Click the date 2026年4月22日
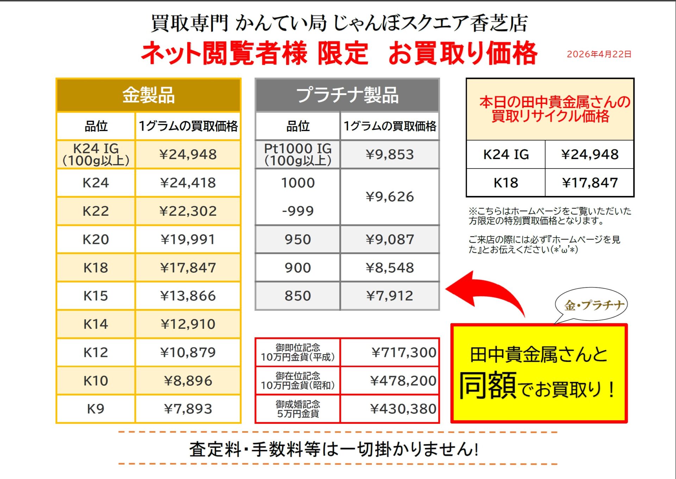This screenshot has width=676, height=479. tap(599, 54)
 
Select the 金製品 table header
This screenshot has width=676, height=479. tap(148, 95)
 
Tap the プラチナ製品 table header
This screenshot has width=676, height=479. tap(347, 95)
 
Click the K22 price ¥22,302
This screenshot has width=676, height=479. tap(188, 211)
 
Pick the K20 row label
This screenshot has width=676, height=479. tap(96, 239)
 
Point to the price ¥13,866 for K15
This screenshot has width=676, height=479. tap(188, 296)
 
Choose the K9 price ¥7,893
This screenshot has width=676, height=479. tap(188, 409)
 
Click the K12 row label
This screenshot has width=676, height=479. tap(96, 352)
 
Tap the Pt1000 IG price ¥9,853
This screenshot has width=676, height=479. tap(389, 155)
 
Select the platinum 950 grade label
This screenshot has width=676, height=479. tap(298, 239)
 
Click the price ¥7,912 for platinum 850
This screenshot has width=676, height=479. tap(389, 296)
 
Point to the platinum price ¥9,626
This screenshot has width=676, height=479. tap(389, 197)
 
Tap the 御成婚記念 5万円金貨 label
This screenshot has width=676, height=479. tap(298, 409)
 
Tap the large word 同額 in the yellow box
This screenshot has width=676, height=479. tap(488, 385)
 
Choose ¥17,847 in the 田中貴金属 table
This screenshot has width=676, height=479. tap(590, 183)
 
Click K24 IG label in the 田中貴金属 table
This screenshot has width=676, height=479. tap(506, 155)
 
